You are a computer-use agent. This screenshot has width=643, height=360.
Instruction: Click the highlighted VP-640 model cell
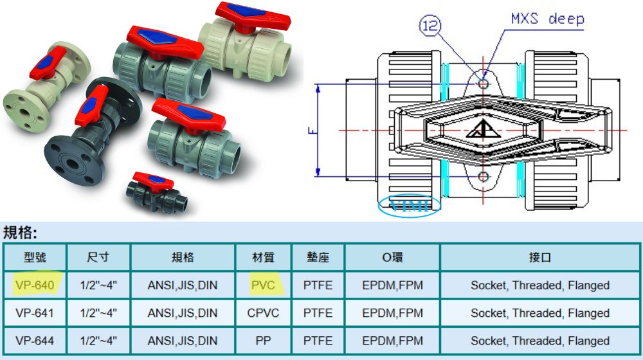pos(35,285)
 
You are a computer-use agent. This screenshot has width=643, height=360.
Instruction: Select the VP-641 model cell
pos(35,313)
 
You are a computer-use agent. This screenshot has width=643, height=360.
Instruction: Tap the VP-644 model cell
pos(35,341)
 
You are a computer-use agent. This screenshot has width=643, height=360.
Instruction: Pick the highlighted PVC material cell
pos(263,285)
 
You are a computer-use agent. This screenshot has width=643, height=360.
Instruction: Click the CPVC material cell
pos(263,313)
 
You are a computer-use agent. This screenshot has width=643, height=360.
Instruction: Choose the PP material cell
pos(263,341)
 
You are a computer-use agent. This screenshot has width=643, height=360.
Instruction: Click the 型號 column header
pos(35,258)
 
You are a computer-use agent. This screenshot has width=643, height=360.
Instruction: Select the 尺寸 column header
pos(98,258)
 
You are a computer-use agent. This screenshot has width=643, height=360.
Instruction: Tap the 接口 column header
pos(539,258)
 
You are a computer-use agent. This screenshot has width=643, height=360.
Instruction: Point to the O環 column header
pos(392,258)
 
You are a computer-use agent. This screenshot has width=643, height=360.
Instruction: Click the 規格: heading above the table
pos(20,233)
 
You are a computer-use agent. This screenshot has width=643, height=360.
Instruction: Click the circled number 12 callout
pos(430,26)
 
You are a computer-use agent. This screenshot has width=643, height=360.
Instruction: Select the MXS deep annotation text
pos(547,19)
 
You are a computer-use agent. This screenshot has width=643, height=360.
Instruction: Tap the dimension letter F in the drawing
pos(312,130)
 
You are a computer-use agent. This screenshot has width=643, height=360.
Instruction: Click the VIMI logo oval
pos(409,204)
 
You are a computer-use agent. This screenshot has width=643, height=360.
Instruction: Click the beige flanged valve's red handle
pos(48,62)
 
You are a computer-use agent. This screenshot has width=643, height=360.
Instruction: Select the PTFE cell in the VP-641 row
pos(318,313)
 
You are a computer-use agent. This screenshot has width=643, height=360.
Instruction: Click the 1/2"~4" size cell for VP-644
pos(98,341)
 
